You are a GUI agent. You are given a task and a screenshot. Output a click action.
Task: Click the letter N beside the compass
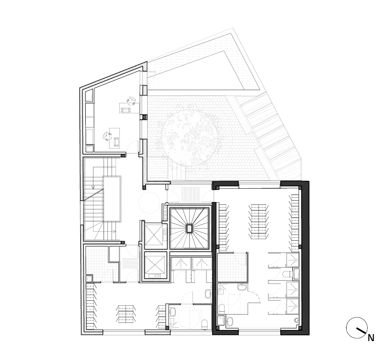pyautogui.click(x=370, y=338)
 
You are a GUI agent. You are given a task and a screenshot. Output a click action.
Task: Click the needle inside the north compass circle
pyautogui.click(x=362, y=331)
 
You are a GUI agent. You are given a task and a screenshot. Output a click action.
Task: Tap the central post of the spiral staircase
pyautogui.click(x=189, y=228)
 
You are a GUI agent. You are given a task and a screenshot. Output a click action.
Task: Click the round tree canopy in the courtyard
pyautogui.click(x=191, y=139)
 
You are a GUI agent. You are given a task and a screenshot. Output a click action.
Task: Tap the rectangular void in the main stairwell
pyautogui.click(x=112, y=199)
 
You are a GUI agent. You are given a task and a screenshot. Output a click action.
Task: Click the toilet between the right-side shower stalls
pyautogui.click(x=287, y=274)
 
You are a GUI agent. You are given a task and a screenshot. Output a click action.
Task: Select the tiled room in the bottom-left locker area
pyautogui.click(x=97, y=263)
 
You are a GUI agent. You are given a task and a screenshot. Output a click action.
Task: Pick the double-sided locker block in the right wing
pyautogui.click(x=259, y=221)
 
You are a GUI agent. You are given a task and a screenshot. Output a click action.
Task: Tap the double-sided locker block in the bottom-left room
pyautogui.click(x=126, y=314)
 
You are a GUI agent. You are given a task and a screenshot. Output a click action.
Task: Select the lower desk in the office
pyautogui.click(x=114, y=138)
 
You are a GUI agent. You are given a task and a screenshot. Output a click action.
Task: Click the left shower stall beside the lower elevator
pyautogui.click(x=182, y=263)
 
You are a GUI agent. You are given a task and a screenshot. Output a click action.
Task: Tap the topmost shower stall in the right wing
pyautogui.click(x=293, y=260)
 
